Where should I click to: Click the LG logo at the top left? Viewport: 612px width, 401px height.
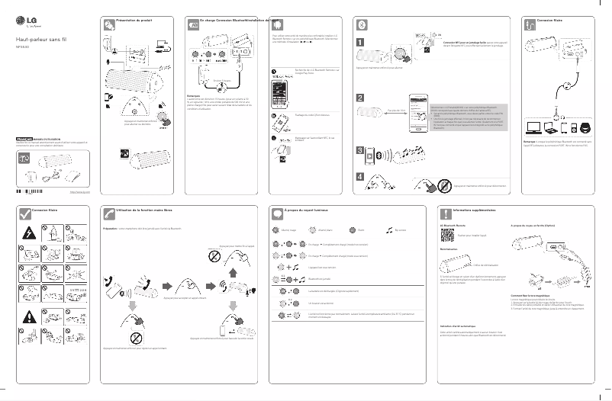(x=30, y=21)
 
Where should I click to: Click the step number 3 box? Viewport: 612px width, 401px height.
(x=359, y=151)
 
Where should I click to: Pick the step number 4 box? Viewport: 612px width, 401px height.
(x=359, y=178)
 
